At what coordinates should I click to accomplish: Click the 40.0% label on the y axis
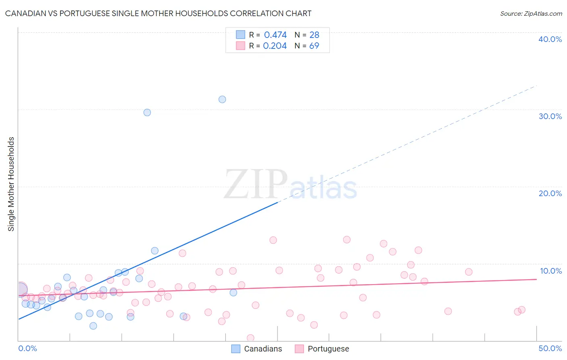[550, 39]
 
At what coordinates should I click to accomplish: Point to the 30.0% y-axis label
[550, 116]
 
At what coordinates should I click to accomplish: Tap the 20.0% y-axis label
[550, 193]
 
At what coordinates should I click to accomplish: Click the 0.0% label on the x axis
[27, 348]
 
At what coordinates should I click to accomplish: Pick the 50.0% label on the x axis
[550, 348]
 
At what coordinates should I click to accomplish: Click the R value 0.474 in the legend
[275, 35]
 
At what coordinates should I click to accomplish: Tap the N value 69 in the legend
[314, 46]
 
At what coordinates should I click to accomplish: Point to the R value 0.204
[275, 46]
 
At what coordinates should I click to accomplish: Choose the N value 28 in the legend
[314, 35]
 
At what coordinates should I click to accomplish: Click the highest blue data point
[222, 99]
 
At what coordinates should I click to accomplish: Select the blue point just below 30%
[147, 113]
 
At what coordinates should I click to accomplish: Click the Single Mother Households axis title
[11, 184]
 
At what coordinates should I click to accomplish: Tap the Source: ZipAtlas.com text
[531, 14]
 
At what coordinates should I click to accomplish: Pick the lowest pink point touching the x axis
[250, 338]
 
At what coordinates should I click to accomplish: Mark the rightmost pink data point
[522, 310]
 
